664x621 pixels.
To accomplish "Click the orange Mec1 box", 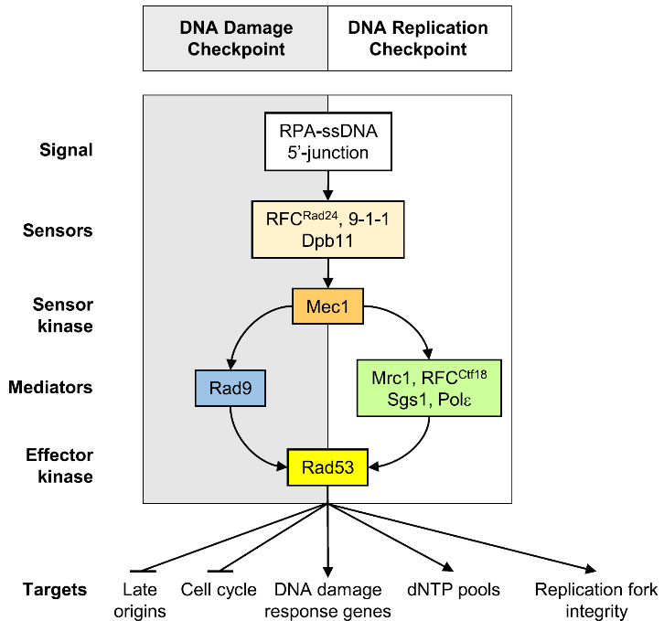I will [327, 306].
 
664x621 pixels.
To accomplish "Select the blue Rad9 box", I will [230, 389].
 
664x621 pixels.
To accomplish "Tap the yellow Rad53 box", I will [327, 468].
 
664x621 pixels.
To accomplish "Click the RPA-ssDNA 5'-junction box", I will [327, 141].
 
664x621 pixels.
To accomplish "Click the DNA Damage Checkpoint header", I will [235, 38].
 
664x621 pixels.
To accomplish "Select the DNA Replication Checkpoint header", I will [418, 38].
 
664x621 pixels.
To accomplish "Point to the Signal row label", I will [67, 149].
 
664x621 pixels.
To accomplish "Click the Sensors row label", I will [58, 230].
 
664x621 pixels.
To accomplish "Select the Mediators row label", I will [52, 388].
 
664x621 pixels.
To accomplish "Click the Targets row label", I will [56, 590].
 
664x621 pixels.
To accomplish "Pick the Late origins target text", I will [144, 600].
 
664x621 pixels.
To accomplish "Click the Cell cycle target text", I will [219, 590].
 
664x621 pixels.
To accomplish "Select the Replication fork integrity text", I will [594, 600].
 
